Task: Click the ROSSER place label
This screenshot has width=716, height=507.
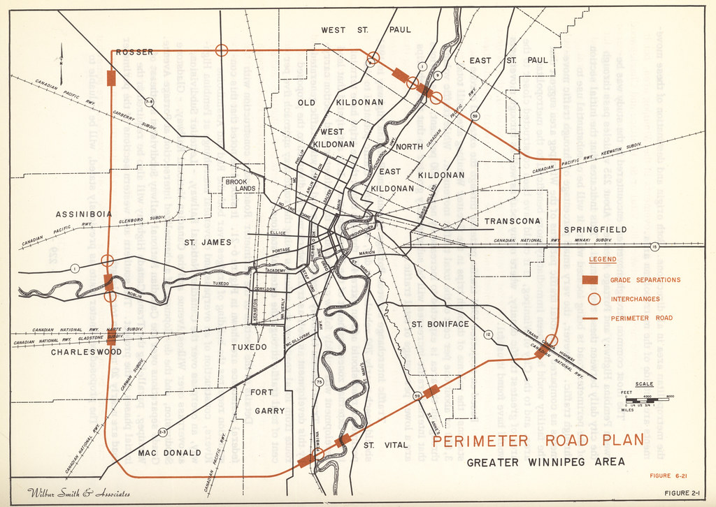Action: (x=134, y=52)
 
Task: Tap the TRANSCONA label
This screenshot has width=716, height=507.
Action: (x=513, y=221)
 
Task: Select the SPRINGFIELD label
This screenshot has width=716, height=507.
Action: (x=595, y=230)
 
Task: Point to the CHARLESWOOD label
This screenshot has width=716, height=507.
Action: (x=86, y=353)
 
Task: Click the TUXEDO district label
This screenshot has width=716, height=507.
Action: (x=249, y=347)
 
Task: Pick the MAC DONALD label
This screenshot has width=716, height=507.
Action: (x=169, y=453)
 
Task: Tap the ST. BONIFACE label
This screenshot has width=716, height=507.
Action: (x=440, y=325)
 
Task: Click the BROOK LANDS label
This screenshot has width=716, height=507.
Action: (x=241, y=185)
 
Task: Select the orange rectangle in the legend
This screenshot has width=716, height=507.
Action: (x=592, y=280)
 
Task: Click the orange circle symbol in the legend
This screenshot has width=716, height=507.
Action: (x=594, y=299)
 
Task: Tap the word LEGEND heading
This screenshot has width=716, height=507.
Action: (x=603, y=260)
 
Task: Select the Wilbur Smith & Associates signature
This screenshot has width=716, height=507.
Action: (x=78, y=494)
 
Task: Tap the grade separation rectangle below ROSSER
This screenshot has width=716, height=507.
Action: (x=110, y=78)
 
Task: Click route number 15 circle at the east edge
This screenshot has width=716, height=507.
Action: (x=654, y=247)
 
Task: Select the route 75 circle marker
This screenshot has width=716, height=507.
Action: (x=319, y=381)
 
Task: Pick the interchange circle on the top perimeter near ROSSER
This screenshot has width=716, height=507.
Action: (x=222, y=50)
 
